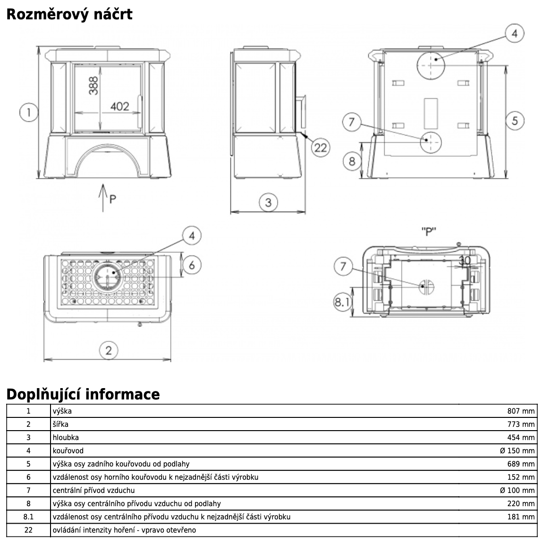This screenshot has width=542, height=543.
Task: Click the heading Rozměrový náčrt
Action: click(x=69, y=14)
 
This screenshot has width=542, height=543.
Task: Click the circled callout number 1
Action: click(x=29, y=112)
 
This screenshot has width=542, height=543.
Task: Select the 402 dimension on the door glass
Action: click(x=119, y=106)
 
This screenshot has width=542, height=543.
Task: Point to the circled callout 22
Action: click(x=320, y=147)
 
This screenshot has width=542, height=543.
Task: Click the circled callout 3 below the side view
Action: click(x=268, y=203)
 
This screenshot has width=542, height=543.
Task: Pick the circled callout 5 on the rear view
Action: click(x=515, y=120)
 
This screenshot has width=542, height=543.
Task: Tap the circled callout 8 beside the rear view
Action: click(x=352, y=161)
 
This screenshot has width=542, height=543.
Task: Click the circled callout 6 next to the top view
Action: click(x=192, y=265)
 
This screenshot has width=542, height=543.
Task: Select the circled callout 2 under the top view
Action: click(x=109, y=350)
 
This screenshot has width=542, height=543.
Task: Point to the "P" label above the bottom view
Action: click(x=428, y=232)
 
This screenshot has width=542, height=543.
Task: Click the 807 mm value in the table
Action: click(x=521, y=411)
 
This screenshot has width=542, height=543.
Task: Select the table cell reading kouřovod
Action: click(x=68, y=450)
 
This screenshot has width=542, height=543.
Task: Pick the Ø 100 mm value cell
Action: click(x=517, y=490)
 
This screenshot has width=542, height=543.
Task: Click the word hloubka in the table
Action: click(x=66, y=437)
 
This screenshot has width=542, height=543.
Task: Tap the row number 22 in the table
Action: click(x=28, y=530)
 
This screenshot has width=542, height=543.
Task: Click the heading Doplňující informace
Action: click(x=83, y=394)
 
